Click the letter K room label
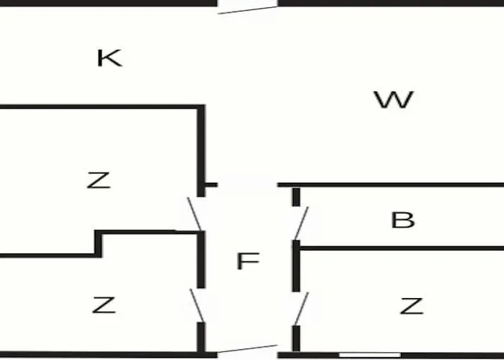pyautogui.click(x=109, y=58)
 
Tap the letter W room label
pyautogui.click(x=394, y=99)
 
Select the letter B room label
pyautogui.click(x=402, y=220)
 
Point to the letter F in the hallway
pyautogui.click(x=248, y=261)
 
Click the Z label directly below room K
pyautogui.click(x=99, y=180)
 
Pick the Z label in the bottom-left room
pyautogui.click(x=104, y=305)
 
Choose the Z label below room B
pyautogui.click(x=412, y=306)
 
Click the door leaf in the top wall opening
pyautogui.click(x=248, y=10)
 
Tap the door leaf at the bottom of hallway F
pyautogui.click(x=248, y=348)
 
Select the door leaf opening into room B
pyautogui.click(x=302, y=223)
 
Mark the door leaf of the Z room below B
pyautogui.click(x=302, y=309)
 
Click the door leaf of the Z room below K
pyautogui.click(x=195, y=214)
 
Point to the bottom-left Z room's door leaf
pyautogui.click(x=197, y=306)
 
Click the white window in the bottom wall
pyautogui.click(x=370, y=355)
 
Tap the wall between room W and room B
pyautogui.click(x=391, y=185)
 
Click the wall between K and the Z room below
pyautogui.click(x=102, y=107)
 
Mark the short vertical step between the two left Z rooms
pyautogui.click(x=99, y=243)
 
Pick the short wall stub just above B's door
pyautogui.click(x=296, y=197)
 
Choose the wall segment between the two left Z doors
pyautogui.click(x=201, y=259)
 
